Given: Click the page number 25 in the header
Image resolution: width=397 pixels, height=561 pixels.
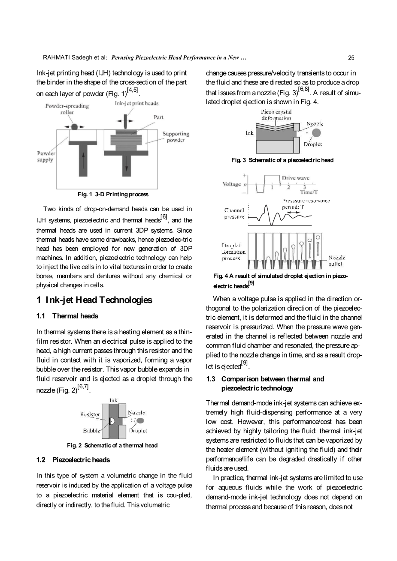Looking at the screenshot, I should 351,58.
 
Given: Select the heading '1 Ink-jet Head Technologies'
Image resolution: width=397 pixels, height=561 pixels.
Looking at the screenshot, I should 94,300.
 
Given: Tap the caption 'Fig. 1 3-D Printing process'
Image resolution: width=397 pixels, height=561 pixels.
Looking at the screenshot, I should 113,195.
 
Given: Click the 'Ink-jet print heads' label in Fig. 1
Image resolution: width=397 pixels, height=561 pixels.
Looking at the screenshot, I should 136,103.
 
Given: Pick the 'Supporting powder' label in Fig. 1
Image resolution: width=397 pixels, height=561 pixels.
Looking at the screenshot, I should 176,137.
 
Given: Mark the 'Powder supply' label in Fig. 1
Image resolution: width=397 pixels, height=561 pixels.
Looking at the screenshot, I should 45,156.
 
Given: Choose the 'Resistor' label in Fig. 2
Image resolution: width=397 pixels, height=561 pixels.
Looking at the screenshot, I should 90,414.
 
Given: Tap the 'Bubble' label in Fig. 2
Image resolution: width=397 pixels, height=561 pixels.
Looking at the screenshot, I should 91,430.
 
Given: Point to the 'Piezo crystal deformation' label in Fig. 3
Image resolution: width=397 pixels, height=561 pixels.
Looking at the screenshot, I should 276,115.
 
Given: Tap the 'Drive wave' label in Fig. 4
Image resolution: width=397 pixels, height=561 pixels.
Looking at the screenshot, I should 295,178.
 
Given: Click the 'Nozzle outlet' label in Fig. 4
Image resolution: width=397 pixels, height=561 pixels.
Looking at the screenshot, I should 336,261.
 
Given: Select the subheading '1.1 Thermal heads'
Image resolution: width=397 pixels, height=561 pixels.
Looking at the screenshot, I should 67,316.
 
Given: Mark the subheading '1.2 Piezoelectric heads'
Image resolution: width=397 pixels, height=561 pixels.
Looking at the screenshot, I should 73,460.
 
